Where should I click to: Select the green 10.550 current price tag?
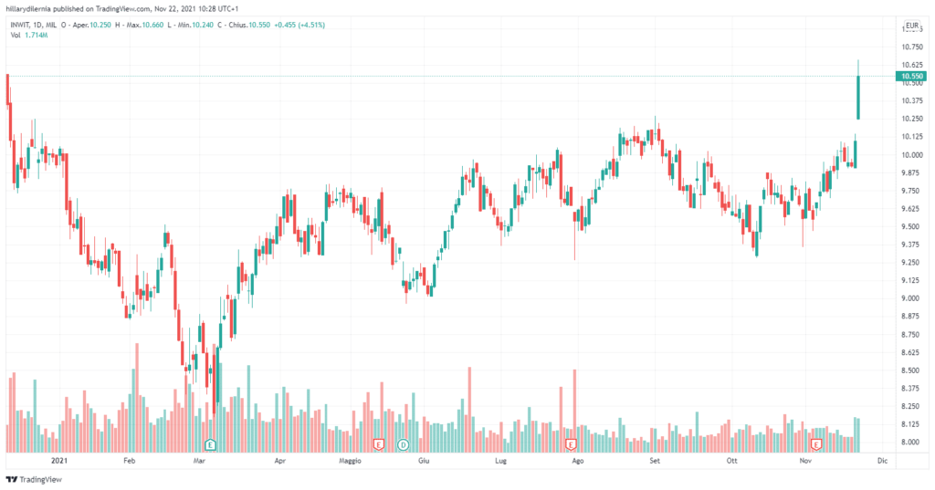909,76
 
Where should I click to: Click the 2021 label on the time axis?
60,462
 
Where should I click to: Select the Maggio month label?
347,462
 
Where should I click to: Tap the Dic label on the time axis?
881,462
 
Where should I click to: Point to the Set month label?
654,462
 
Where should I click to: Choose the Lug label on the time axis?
499,462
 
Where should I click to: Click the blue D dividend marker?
403,444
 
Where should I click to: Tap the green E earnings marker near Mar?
210,444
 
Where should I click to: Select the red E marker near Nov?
817,444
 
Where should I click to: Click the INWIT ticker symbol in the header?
23,24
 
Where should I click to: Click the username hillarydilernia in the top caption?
33,7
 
